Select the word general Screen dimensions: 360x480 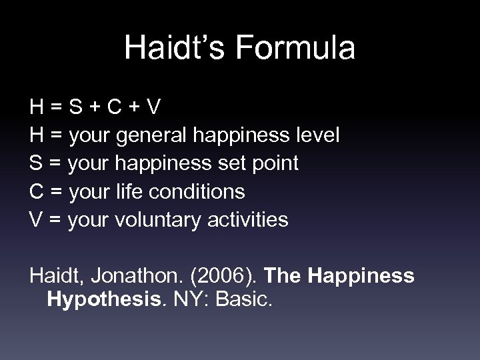151,135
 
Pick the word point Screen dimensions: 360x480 275,164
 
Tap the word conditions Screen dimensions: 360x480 203,192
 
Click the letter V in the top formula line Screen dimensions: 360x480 152,107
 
